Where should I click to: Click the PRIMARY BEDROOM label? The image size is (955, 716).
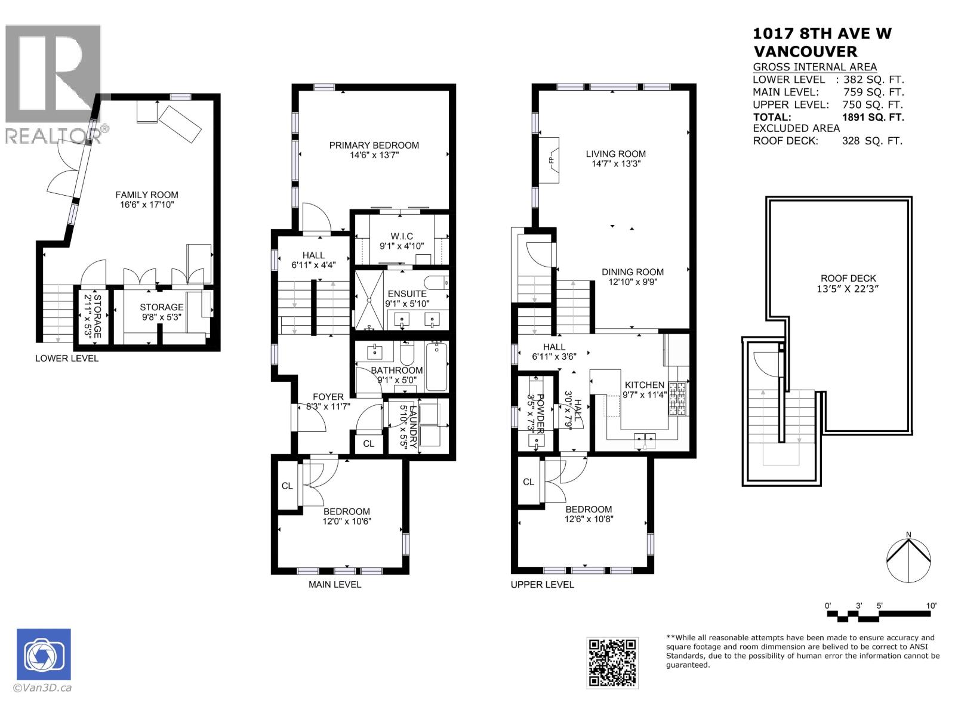click(374, 145)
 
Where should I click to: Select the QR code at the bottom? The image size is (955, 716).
click(612, 662)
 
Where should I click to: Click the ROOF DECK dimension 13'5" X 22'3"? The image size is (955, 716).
click(848, 289)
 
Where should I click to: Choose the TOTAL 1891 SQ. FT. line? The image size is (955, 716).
click(828, 117)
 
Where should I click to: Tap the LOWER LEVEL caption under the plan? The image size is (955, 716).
click(67, 359)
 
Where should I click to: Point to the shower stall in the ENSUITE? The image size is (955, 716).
click(370, 300)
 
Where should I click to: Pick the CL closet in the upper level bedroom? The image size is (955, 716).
click(528, 482)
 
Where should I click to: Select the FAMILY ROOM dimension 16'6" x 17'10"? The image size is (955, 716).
click(147, 205)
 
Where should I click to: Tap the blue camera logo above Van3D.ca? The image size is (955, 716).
click(44, 654)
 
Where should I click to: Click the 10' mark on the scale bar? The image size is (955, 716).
click(931, 606)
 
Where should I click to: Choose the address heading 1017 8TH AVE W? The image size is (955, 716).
click(822, 34)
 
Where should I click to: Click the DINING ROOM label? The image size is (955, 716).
click(632, 272)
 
